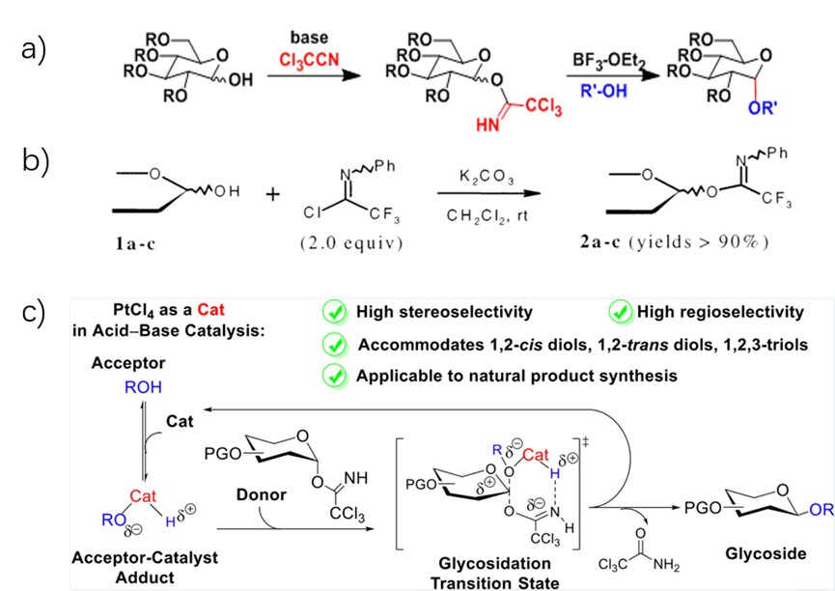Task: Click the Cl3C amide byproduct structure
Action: coord(641,548)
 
